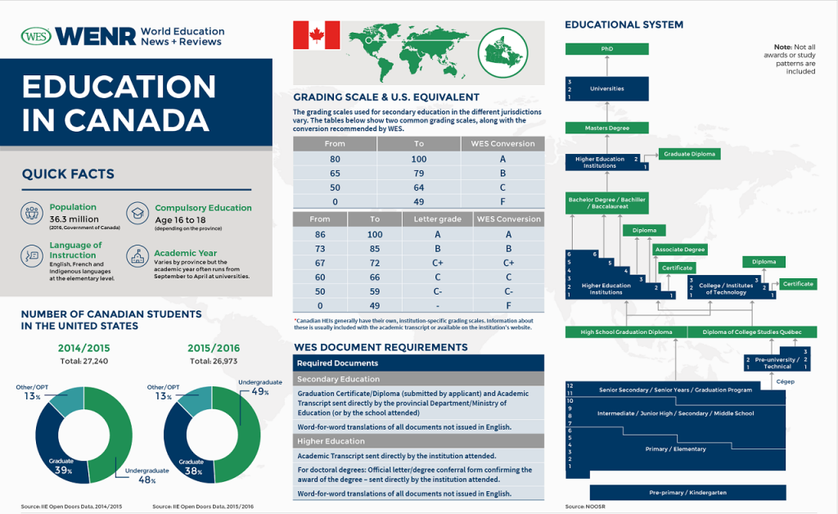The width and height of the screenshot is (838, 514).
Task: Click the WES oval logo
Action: click(36, 36)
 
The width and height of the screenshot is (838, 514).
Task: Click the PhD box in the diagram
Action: click(606, 49)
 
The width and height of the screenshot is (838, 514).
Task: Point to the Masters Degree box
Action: click(606, 128)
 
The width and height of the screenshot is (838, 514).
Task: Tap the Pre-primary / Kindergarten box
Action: click(688, 493)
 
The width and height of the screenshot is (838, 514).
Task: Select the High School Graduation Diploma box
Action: click(626, 331)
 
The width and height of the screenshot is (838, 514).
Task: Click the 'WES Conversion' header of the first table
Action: click(502, 144)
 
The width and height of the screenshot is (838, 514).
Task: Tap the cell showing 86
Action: click(320, 234)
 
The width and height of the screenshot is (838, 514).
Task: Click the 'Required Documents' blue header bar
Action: click(418, 363)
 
